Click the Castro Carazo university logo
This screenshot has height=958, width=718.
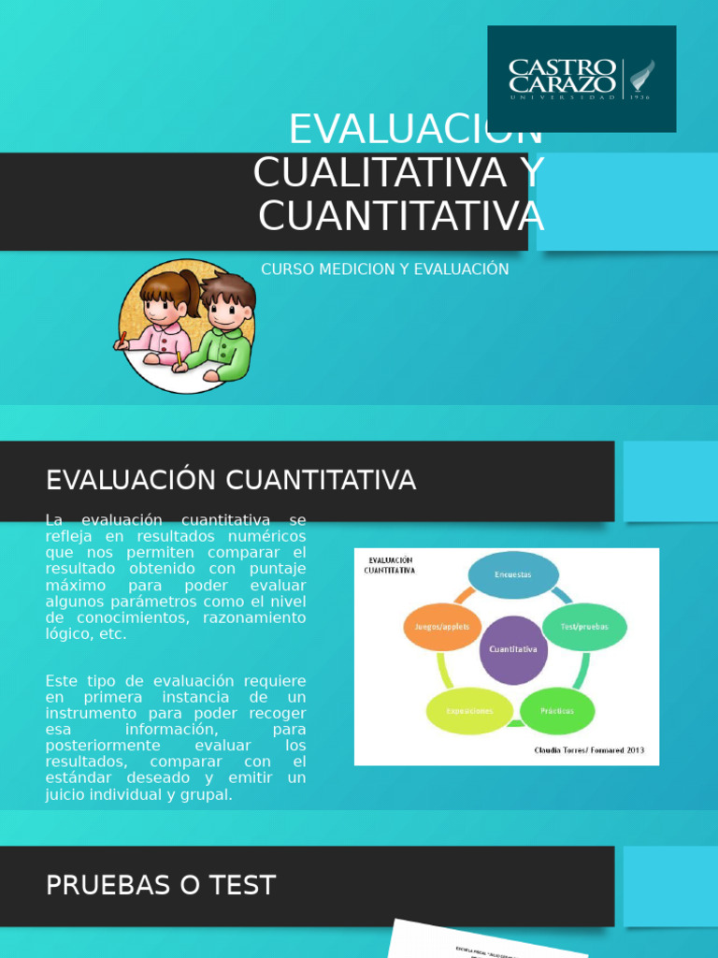tap(582, 79)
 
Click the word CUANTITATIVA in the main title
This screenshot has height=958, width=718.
tap(401, 215)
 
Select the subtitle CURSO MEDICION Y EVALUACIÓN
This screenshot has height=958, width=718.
tap(384, 269)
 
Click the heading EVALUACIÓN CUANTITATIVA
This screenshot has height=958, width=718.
tap(231, 481)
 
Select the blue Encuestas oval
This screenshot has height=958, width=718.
tap(512, 574)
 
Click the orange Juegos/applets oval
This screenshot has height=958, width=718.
tap(443, 627)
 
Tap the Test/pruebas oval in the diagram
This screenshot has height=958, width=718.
tap(584, 627)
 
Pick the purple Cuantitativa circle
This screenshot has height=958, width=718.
tap(513, 649)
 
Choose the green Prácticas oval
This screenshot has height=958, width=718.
tap(557, 711)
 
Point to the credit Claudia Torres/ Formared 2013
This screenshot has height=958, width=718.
tap(589, 750)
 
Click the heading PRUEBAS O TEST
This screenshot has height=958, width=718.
tap(161, 885)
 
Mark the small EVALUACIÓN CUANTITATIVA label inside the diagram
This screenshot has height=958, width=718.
tap(389, 564)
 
